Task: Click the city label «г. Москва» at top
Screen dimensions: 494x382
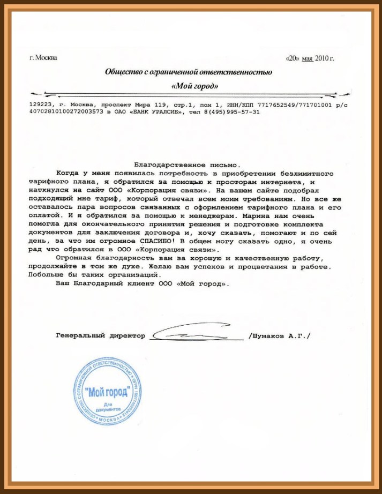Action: (x=43, y=58)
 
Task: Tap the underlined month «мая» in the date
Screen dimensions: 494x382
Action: (x=306, y=58)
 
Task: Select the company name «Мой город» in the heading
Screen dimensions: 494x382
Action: (x=194, y=86)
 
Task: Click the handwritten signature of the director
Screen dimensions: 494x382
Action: (x=196, y=335)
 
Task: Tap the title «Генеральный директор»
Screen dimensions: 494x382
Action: (x=100, y=336)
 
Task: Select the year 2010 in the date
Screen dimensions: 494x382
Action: (x=323, y=58)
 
